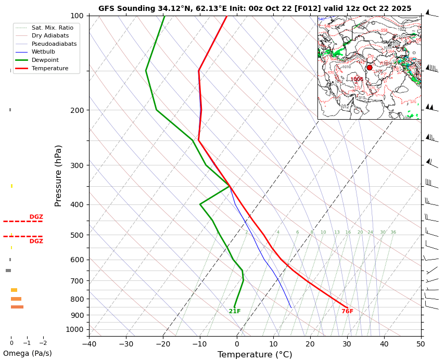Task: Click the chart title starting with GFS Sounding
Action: [x=255, y=8]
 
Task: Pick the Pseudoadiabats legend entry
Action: [x=54, y=44]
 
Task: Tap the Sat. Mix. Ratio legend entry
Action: [x=52, y=27]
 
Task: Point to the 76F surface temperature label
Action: [x=347, y=312]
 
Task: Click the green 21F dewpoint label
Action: [x=235, y=312]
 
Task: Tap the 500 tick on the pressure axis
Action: [x=77, y=235]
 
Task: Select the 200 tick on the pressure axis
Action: [x=77, y=110]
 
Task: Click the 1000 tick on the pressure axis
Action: [x=75, y=329]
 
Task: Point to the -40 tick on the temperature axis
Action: [x=89, y=343]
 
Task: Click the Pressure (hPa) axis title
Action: [x=58, y=176]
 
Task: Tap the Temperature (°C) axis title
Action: [x=255, y=355]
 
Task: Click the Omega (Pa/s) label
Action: [x=27, y=354]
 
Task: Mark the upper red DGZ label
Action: [x=36, y=217]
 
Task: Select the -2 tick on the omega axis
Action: [x=43, y=343]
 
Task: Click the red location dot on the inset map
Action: [x=370, y=68]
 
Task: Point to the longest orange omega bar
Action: [x=17, y=307]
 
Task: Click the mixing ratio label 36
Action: [x=393, y=233]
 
